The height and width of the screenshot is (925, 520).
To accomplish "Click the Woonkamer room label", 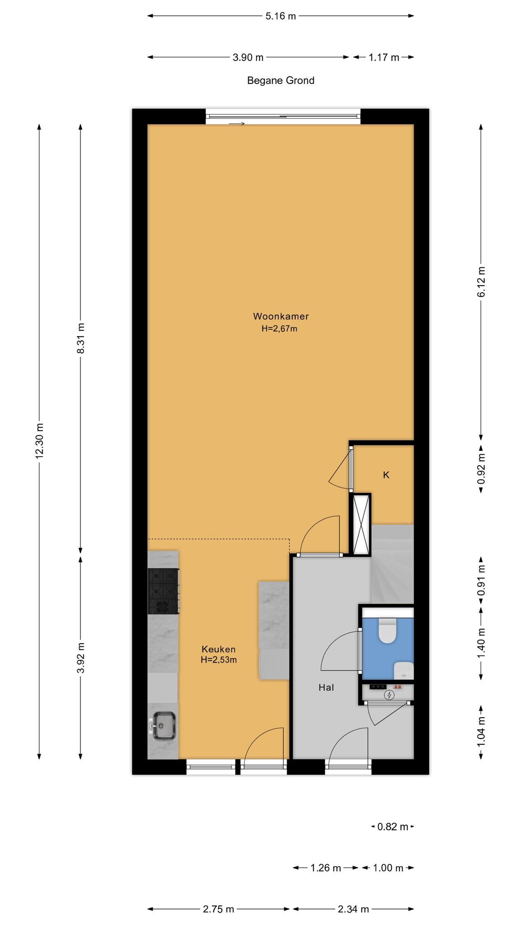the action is [281, 316].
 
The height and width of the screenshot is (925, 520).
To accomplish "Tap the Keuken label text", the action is [218, 649].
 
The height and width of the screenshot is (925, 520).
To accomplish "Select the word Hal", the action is [326, 687].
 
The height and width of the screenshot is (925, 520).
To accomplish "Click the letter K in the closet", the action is [386, 475].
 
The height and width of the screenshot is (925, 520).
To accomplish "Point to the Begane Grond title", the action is [281, 80].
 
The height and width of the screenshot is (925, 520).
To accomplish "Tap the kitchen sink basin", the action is [164, 726].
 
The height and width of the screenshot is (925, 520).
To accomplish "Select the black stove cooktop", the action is [163, 591].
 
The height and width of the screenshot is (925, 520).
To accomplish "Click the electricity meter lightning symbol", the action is [389, 695].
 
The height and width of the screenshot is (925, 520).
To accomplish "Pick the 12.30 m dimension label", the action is [39, 440].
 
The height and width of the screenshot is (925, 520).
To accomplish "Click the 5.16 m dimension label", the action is [281, 16].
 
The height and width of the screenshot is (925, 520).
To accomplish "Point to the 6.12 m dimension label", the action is [481, 282].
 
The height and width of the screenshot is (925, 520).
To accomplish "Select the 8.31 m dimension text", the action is [81, 338].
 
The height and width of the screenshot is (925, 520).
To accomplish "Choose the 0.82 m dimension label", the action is [393, 827].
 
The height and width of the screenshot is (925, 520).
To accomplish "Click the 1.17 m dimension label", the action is [384, 57].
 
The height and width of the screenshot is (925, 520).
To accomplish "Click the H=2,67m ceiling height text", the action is [279, 329].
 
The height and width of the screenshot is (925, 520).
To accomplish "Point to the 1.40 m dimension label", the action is [481, 643].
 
